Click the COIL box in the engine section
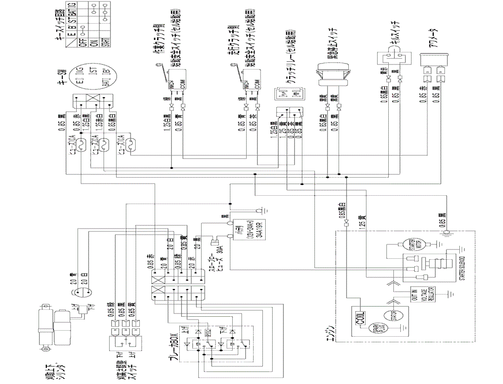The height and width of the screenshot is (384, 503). [x=360, y=318]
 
